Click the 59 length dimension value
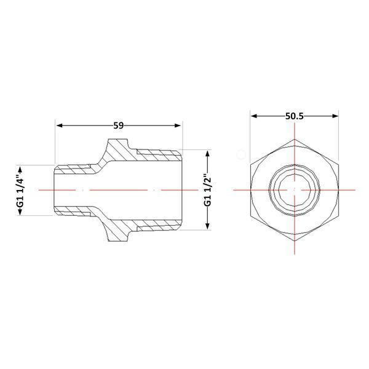pyautogui.click(x=118, y=125)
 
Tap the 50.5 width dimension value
pyautogui.click(x=295, y=116)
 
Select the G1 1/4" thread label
pyautogui.click(x=21, y=190)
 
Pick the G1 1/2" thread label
pyautogui.click(x=208, y=190)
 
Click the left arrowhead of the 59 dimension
pyautogui.click(x=59, y=125)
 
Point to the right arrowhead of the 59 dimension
pyautogui.click(x=178, y=125)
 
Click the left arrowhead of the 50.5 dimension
pyautogui.click(x=253, y=116)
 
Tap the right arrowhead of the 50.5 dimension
pyautogui.click(x=335, y=116)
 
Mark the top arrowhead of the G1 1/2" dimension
pyautogui.click(x=207, y=153)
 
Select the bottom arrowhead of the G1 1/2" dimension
pyautogui.click(x=207, y=226)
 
